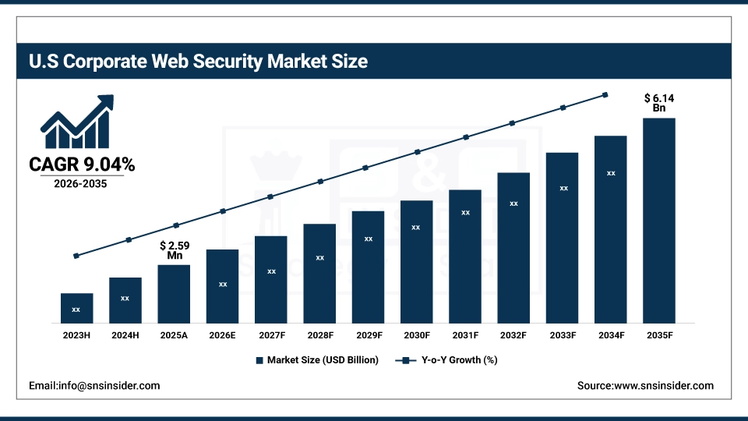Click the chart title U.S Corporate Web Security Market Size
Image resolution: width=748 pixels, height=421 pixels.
coord(197,61)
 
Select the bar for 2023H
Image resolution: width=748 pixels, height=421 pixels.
coord(76,308)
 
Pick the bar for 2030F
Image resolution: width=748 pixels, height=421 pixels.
coord(416,261)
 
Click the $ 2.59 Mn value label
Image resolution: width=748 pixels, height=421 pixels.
coord(174,250)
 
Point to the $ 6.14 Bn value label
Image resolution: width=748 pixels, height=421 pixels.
coord(658,103)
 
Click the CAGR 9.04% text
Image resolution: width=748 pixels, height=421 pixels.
coord(82,165)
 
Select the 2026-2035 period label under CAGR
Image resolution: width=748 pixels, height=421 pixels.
coord(81,185)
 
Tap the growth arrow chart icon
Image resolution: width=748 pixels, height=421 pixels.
coord(77,123)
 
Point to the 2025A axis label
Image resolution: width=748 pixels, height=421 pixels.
coord(174,334)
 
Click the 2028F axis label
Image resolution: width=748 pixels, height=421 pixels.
coord(319,334)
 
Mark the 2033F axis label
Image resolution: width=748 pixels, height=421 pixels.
coord(562,334)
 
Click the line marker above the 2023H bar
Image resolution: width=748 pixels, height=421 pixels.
coord(76,256)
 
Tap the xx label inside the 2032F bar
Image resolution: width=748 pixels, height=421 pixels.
coord(513,203)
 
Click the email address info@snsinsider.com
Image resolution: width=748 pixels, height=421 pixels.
coord(94,386)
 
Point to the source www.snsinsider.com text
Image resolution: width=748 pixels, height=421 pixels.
coord(645,386)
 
